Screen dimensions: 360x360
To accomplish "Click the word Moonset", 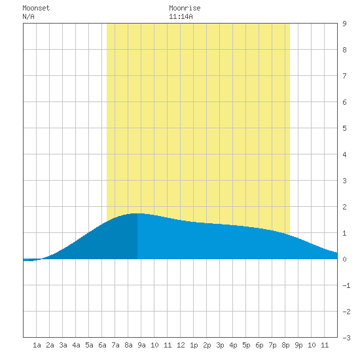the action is pos(36,8).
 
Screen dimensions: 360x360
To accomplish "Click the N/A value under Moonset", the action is pos(28,16).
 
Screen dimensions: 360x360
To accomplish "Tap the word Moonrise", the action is pos(185,8).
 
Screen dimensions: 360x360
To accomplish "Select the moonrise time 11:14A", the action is pos(181,16).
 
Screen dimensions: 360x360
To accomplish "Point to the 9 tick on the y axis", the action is pos(344,24).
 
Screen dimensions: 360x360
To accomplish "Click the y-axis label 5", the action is pos(344,128).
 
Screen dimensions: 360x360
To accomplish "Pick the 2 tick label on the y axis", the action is pos(344,207).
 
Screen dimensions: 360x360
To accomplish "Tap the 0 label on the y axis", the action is pos(344,259).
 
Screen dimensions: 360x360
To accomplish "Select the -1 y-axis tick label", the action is pos(346,285).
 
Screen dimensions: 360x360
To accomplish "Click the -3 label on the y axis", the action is pos(346,338).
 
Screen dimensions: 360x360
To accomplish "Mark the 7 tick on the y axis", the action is pos(344,76).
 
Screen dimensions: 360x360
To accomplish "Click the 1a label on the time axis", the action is pos(37,345).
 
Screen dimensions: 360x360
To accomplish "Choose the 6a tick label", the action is pos(102,345).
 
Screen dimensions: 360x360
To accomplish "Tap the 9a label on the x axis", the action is pos(141,345).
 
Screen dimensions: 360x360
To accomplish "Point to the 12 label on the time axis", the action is pos(181,345).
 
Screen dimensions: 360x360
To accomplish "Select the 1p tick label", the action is pos(194,345).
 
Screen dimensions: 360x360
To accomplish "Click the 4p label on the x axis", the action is pos(233,345).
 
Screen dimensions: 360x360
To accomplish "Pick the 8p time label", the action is pos(285,345).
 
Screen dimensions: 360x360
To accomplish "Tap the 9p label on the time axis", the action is pos(298,345).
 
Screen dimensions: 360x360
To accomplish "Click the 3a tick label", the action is pos(63,345).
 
